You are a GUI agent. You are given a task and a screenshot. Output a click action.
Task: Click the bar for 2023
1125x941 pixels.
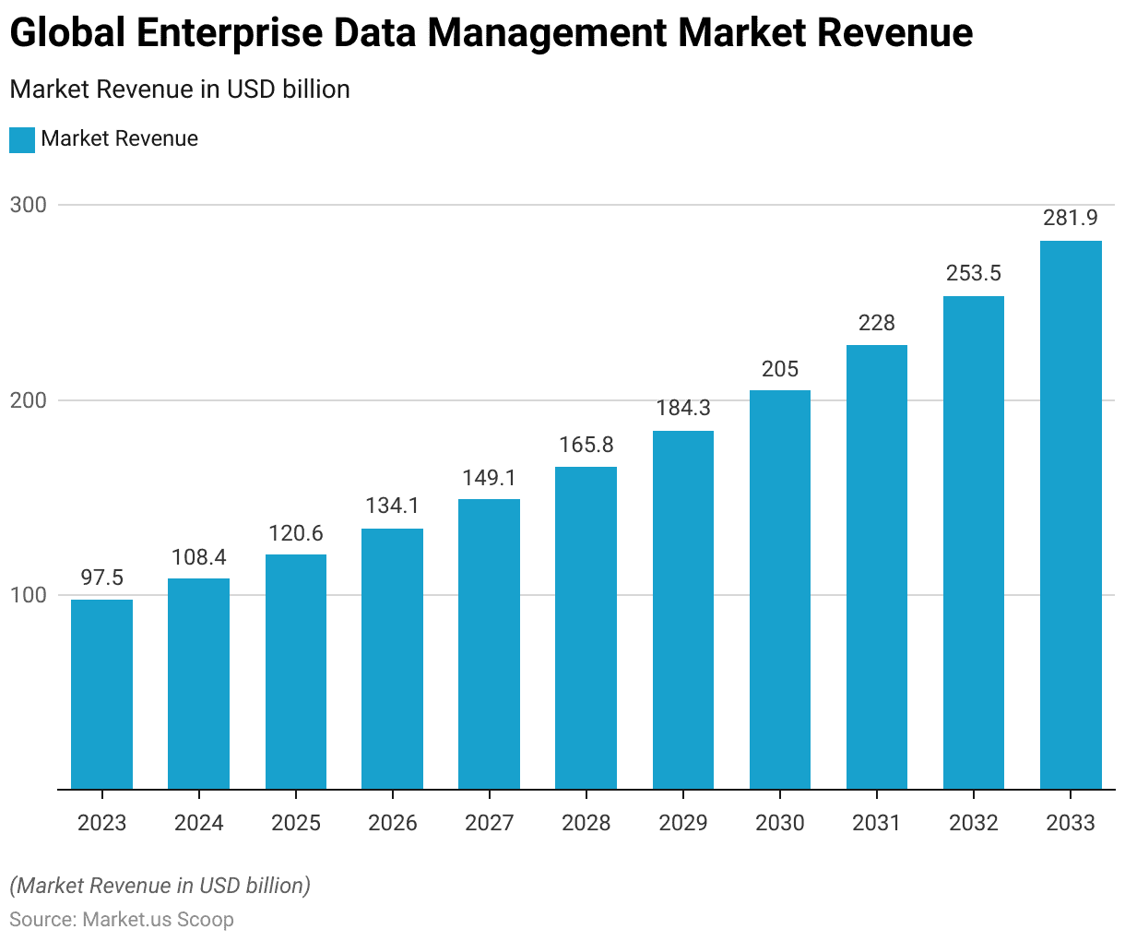101,694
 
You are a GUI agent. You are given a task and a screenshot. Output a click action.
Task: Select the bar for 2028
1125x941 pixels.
586,627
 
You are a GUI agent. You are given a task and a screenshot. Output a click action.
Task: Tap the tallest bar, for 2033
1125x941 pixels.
1071,515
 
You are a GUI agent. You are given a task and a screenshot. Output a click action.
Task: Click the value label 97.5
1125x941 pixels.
101,578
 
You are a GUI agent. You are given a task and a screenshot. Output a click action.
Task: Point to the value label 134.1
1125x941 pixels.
392,506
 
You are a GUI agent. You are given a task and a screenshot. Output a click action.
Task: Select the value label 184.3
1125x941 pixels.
682,408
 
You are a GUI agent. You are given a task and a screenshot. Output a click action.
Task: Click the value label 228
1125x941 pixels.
876,323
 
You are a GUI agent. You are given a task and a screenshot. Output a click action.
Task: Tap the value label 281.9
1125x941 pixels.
1071,218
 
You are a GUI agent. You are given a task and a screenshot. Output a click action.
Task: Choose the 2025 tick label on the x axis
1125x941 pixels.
295,823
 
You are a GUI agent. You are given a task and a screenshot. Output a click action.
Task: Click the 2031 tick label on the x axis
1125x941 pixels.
876,823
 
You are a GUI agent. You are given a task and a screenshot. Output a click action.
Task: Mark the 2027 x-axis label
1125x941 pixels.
489,823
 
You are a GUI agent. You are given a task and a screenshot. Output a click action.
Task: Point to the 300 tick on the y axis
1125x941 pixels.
28,205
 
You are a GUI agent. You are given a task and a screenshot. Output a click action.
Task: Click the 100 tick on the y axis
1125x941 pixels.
28,595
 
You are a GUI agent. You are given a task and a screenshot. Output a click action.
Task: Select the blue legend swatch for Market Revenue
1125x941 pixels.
22,139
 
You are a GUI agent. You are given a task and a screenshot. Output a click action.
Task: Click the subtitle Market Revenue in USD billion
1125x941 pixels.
180,89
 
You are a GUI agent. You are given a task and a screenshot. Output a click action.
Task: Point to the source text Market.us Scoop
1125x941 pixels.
158,919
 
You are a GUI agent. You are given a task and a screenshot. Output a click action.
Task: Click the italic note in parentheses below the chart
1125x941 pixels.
160,886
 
